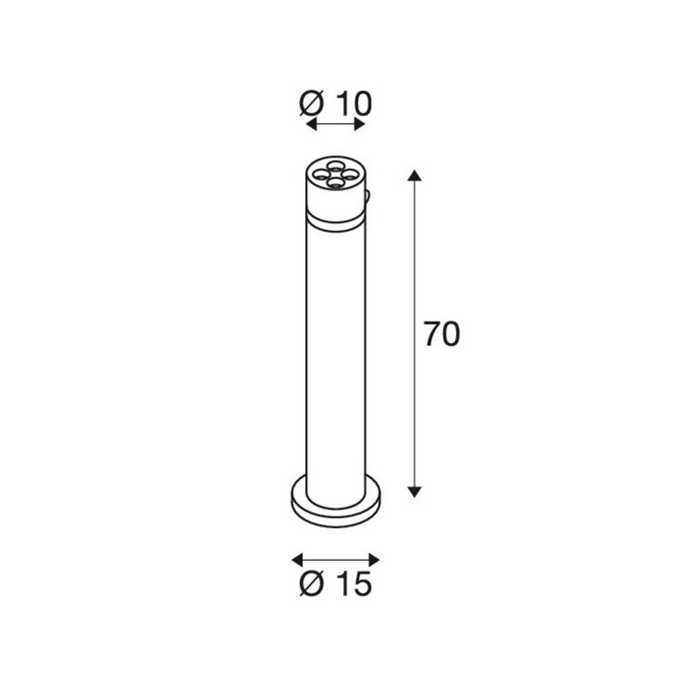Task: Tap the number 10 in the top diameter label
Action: [353, 104]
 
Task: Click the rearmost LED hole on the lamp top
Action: [335, 166]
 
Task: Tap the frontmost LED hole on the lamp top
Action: [334, 182]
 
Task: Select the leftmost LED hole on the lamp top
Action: [319, 176]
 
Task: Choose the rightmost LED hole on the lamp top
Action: [350, 175]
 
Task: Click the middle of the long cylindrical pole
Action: [334, 355]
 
